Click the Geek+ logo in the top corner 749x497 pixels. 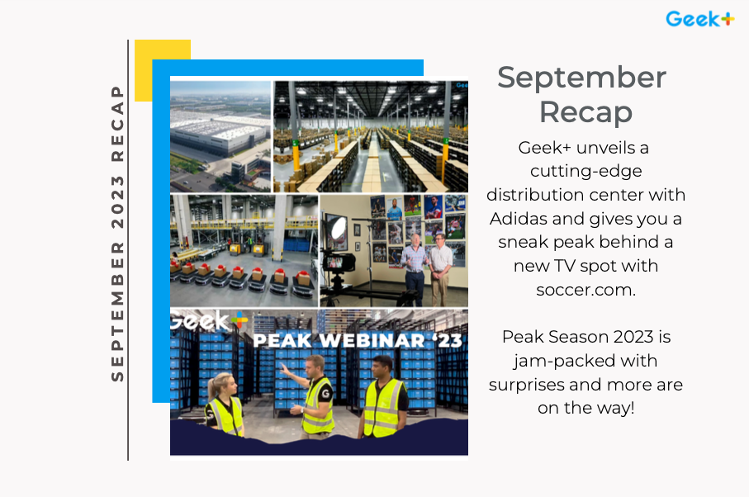click(699, 18)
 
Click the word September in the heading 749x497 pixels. click(581, 78)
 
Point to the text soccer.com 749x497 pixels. click(585, 291)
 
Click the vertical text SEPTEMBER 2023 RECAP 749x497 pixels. click(117, 233)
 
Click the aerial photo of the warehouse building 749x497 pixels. click(220, 136)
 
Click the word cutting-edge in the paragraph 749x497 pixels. click(585, 171)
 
